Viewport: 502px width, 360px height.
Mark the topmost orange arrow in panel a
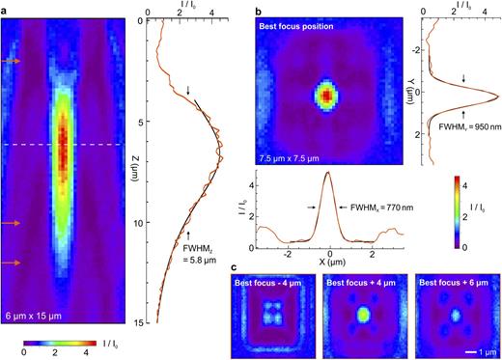tap(10, 61)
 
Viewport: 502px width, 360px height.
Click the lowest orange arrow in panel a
tap(10, 263)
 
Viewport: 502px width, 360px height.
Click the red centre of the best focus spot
tap(326, 96)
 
